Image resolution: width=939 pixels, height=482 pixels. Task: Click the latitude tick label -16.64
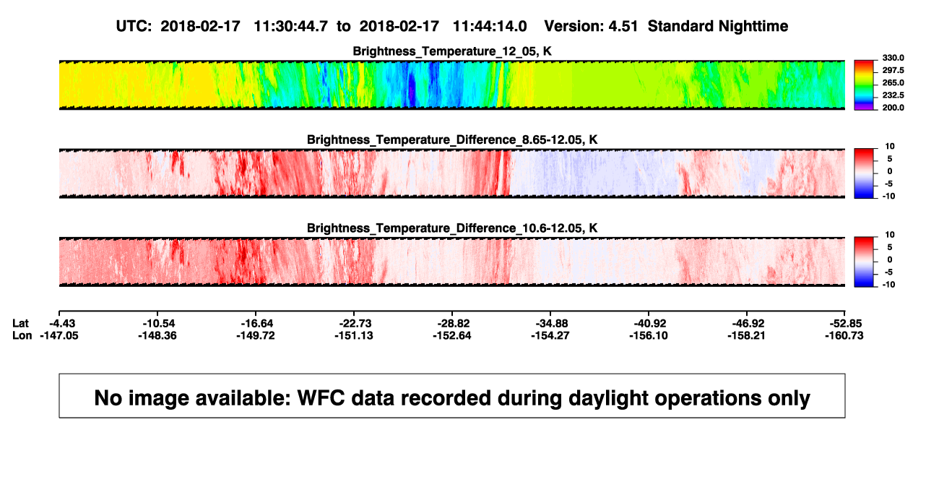256,324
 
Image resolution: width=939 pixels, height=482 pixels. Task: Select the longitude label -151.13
354,335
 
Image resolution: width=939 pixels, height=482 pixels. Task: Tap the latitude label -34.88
552,324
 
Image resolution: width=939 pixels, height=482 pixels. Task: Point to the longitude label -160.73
844,335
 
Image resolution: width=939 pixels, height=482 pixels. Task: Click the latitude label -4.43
62,324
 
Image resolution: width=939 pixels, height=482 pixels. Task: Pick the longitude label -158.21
746,335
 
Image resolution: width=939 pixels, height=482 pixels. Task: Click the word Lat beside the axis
20,324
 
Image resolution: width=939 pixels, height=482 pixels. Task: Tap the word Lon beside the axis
22,335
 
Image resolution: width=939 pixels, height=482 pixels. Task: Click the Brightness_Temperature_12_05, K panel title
452,51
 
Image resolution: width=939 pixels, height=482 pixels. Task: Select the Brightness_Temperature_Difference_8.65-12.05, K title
452,139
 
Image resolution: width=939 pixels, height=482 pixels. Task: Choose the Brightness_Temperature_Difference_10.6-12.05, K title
452,228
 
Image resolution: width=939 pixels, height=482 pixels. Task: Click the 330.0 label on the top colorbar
893,58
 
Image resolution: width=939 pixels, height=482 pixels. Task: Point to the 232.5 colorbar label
893,95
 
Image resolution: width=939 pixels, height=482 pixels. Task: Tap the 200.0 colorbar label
893,108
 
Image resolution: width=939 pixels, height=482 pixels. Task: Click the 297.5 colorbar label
893,71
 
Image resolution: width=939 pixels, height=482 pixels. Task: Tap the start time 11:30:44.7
291,26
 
